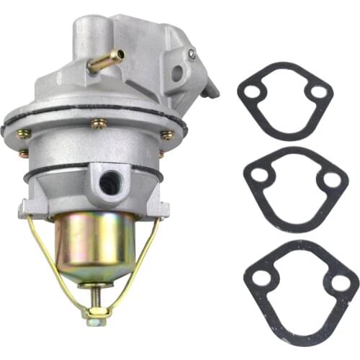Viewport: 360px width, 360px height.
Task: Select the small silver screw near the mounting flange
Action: click(x=192, y=54)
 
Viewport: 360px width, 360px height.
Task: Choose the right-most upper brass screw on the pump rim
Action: click(x=167, y=135)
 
